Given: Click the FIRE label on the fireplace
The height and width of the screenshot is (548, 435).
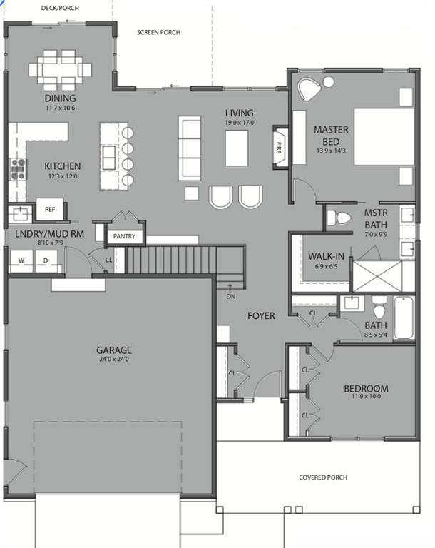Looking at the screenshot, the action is pyautogui.click(x=278, y=148).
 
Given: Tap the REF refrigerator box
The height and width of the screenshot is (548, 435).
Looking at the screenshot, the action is pyautogui.click(x=50, y=209).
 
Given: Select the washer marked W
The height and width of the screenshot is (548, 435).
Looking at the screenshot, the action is pyautogui.click(x=21, y=261).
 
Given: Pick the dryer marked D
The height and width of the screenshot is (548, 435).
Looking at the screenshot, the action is pyautogui.click(x=46, y=261).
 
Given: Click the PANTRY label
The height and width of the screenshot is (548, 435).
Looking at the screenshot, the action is pyautogui.click(x=124, y=236).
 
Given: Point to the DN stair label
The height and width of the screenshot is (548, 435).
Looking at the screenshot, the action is pyautogui.click(x=230, y=296).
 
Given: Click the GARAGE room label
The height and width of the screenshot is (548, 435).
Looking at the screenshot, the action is pyautogui.click(x=114, y=350).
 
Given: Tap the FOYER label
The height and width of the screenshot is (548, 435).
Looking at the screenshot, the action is pyautogui.click(x=261, y=316).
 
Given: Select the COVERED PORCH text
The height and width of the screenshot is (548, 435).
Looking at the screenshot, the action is pyautogui.click(x=323, y=477).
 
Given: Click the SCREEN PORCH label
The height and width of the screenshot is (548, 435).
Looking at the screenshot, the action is pyautogui.click(x=158, y=32).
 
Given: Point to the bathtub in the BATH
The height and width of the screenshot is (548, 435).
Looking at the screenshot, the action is pyautogui.click(x=404, y=318).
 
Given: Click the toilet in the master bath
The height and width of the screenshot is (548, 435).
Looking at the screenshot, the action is pyautogui.click(x=338, y=218).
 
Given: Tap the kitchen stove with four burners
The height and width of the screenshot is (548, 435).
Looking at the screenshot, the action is pyautogui.click(x=18, y=169).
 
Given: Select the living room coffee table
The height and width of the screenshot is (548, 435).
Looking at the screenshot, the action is pyautogui.click(x=237, y=148).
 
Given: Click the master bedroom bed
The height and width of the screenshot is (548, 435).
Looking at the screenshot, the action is pyautogui.click(x=384, y=136).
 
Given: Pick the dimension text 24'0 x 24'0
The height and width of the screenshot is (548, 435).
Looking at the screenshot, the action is pyautogui.click(x=114, y=359).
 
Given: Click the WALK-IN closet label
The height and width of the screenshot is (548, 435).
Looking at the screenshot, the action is pyautogui.click(x=326, y=257).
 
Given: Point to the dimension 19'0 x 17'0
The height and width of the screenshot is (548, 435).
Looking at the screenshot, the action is pyautogui.click(x=240, y=123).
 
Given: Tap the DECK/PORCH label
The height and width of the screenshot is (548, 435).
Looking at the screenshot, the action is pyautogui.click(x=60, y=8).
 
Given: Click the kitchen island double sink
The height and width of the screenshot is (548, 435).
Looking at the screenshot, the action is pyautogui.click(x=109, y=158).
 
